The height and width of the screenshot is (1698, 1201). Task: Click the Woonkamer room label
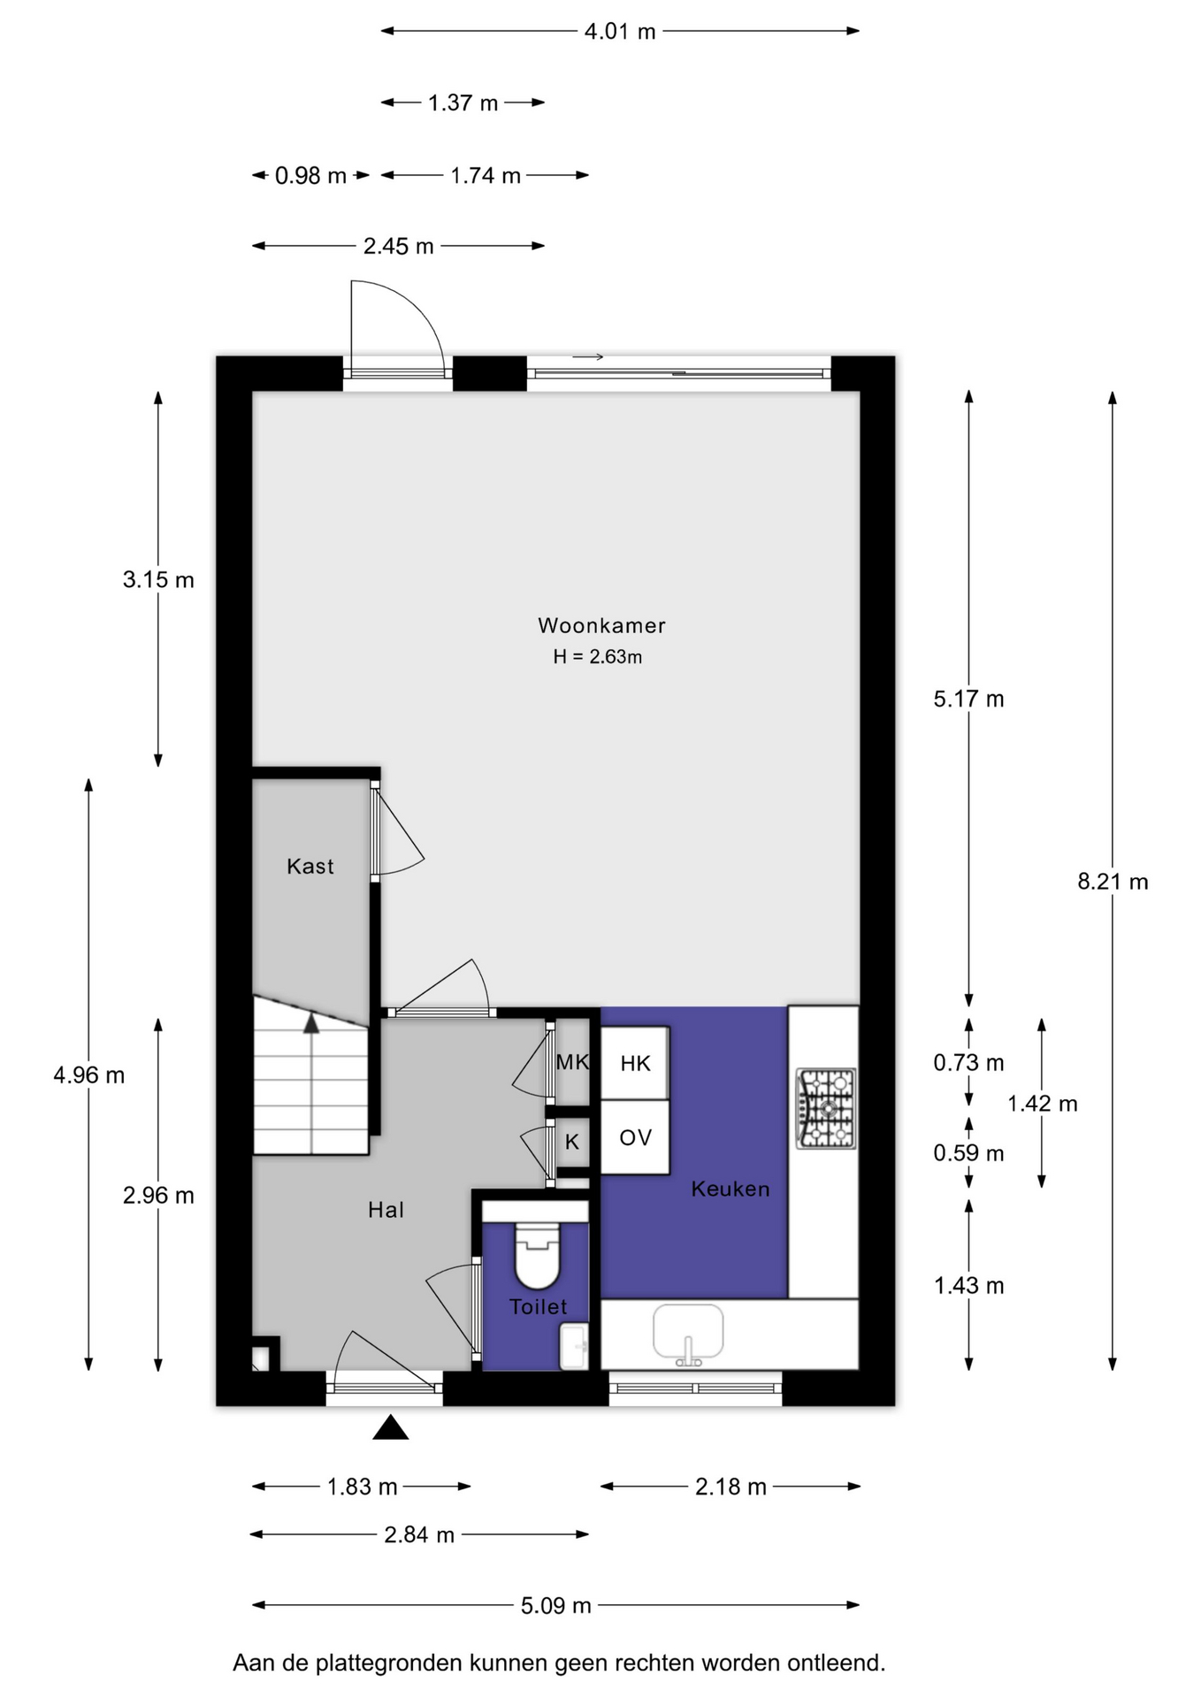pyautogui.click(x=601, y=625)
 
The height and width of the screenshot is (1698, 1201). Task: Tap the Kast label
pyautogui.click(x=310, y=866)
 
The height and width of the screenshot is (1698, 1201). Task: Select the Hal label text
pyautogui.click(x=386, y=1210)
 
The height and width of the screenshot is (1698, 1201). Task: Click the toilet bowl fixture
pyautogui.click(x=538, y=1254)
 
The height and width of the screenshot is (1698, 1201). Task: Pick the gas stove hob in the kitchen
pyautogui.click(x=826, y=1108)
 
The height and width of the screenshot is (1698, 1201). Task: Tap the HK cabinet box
pyautogui.click(x=635, y=1063)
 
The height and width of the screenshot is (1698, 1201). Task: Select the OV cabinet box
pyautogui.click(x=635, y=1137)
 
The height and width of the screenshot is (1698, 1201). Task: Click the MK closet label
pyautogui.click(x=572, y=1062)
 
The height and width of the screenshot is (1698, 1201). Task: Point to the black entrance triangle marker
pyautogui.click(x=390, y=1428)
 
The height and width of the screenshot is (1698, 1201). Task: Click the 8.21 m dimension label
pyautogui.click(x=1113, y=881)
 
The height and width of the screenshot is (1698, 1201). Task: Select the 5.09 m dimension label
pyautogui.click(x=555, y=1605)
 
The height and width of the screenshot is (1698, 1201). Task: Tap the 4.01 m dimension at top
pyautogui.click(x=620, y=32)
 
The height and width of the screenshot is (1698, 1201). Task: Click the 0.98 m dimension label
pyautogui.click(x=310, y=176)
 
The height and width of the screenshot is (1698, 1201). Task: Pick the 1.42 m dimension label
pyautogui.click(x=1043, y=1104)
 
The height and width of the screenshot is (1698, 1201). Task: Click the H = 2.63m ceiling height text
pyautogui.click(x=598, y=656)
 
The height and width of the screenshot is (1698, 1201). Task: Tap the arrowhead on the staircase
pyautogui.click(x=311, y=1023)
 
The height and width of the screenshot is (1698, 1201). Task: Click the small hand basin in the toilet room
pyautogui.click(x=574, y=1347)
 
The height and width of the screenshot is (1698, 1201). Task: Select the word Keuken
pyautogui.click(x=731, y=1189)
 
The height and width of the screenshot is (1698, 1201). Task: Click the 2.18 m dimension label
pyautogui.click(x=731, y=1487)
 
